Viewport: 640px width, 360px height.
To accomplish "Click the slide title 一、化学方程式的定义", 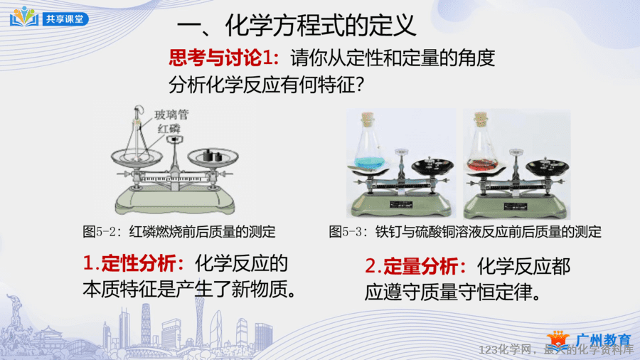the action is click(297, 26).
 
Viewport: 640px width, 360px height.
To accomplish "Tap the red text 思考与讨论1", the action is click(224, 58).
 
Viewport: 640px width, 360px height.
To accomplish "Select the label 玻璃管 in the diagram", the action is click(171, 115).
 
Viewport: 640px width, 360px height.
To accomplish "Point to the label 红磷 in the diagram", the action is click(169, 129).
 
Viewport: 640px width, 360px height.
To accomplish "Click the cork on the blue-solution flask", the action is click(368, 117).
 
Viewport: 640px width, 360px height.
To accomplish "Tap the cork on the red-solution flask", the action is click(481, 117).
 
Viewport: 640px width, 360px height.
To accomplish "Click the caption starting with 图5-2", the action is click(178, 231).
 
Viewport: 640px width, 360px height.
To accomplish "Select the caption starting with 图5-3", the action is click(465, 231).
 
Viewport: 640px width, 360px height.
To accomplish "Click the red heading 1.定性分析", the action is click(134, 263).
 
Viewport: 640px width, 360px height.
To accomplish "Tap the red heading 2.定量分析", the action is click(415, 267).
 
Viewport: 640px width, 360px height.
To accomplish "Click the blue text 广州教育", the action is click(604, 339).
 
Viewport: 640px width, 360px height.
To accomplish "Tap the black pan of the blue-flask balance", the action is click(432, 166).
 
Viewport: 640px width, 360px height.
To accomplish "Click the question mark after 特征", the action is click(360, 85).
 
